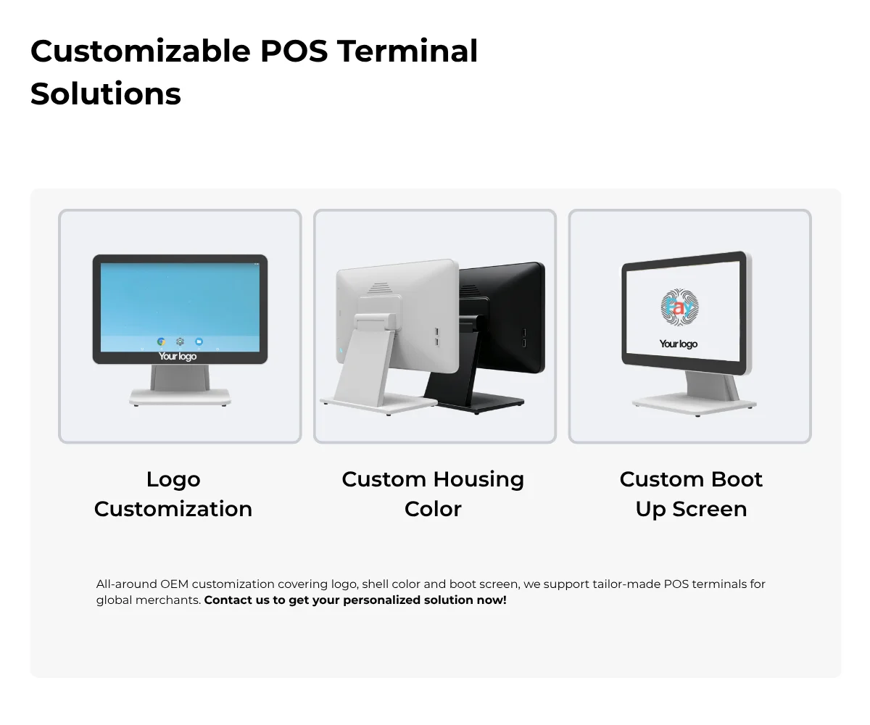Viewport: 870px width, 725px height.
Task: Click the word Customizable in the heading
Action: click(x=141, y=51)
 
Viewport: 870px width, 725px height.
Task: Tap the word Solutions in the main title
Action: click(x=106, y=94)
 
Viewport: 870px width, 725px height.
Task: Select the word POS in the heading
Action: click(x=294, y=51)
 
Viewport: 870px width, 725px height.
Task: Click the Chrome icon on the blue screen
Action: click(x=161, y=341)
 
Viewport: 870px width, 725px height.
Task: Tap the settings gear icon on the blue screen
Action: click(x=180, y=341)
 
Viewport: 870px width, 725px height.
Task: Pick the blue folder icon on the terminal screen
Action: click(x=199, y=341)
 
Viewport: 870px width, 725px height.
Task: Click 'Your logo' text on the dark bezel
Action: click(x=178, y=356)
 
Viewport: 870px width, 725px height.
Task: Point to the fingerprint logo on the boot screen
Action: click(x=679, y=307)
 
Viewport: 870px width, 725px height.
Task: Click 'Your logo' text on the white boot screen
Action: click(x=679, y=344)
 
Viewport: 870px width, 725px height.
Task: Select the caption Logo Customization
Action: click(x=173, y=494)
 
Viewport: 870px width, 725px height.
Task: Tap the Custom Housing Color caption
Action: click(x=433, y=494)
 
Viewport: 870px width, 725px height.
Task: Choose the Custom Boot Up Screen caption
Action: click(x=691, y=494)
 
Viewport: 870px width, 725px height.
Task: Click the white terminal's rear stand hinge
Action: click(x=374, y=322)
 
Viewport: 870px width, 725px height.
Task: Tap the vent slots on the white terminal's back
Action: click(x=379, y=288)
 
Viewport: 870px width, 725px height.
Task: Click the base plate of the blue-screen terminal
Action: click(x=180, y=397)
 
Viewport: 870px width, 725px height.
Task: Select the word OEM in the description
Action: click(x=174, y=584)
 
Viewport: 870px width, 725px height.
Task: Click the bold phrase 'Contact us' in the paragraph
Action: click(x=236, y=600)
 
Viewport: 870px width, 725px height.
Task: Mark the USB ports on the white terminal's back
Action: click(x=436, y=337)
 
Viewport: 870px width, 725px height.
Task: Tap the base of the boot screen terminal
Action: click(x=695, y=405)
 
